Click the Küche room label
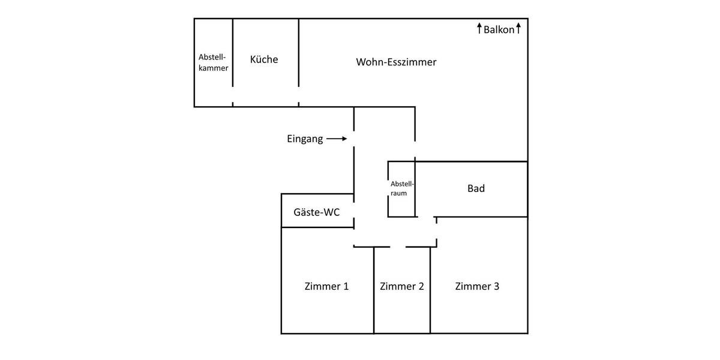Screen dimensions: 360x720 [x=264, y=59]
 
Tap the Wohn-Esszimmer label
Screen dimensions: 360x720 [x=396, y=62]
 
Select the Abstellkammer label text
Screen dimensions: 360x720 [x=213, y=62]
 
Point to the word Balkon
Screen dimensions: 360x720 [x=499, y=29]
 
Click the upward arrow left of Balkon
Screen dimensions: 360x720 [x=479, y=28]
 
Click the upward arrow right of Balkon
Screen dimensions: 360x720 [x=518, y=28]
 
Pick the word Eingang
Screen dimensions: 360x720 [x=305, y=139]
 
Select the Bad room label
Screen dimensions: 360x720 [x=476, y=188]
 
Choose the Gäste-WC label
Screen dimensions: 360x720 [x=316, y=212]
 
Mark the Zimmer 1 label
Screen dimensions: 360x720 [x=326, y=286]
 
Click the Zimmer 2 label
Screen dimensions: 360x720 [x=402, y=286]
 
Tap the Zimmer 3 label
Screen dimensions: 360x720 [x=477, y=286]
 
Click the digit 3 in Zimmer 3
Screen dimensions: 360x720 [x=496, y=286]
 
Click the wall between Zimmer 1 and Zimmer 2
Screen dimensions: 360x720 [x=374, y=291]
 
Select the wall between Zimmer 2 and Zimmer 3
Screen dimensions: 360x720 [x=430, y=291]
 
